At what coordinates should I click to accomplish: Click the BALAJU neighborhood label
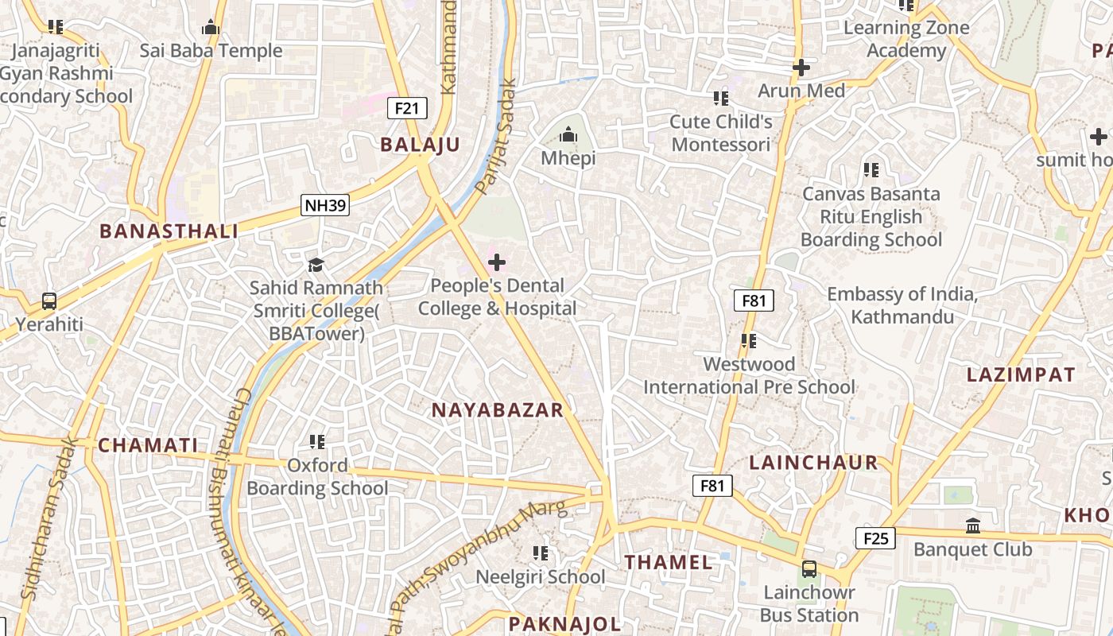click(420, 145)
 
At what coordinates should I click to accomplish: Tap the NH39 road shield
click(326, 206)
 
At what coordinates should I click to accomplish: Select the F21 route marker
click(407, 108)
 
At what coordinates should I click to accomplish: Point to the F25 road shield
click(875, 538)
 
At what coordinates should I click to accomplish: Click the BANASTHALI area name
click(169, 231)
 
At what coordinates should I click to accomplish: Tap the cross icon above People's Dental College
click(497, 262)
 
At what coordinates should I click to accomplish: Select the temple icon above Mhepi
click(568, 134)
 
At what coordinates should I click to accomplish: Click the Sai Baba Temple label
click(211, 51)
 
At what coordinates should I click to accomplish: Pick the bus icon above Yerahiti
click(49, 301)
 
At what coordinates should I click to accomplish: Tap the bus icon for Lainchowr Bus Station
click(809, 569)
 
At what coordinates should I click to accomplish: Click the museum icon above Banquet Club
click(972, 525)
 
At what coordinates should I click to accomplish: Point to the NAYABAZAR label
click(497, 410)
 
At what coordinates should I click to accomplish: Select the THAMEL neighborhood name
click(668, 562)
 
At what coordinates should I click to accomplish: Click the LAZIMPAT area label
click(1021, 375)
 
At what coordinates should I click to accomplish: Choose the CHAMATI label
click(147, 445)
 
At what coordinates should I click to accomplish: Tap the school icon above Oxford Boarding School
click(317, 441)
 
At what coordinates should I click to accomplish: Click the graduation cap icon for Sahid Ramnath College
click(316, 264)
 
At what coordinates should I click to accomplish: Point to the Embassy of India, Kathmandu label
click(902, 305)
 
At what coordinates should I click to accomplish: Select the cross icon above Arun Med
click(801, 68)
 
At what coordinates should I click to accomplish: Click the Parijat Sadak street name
click(497, 136)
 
